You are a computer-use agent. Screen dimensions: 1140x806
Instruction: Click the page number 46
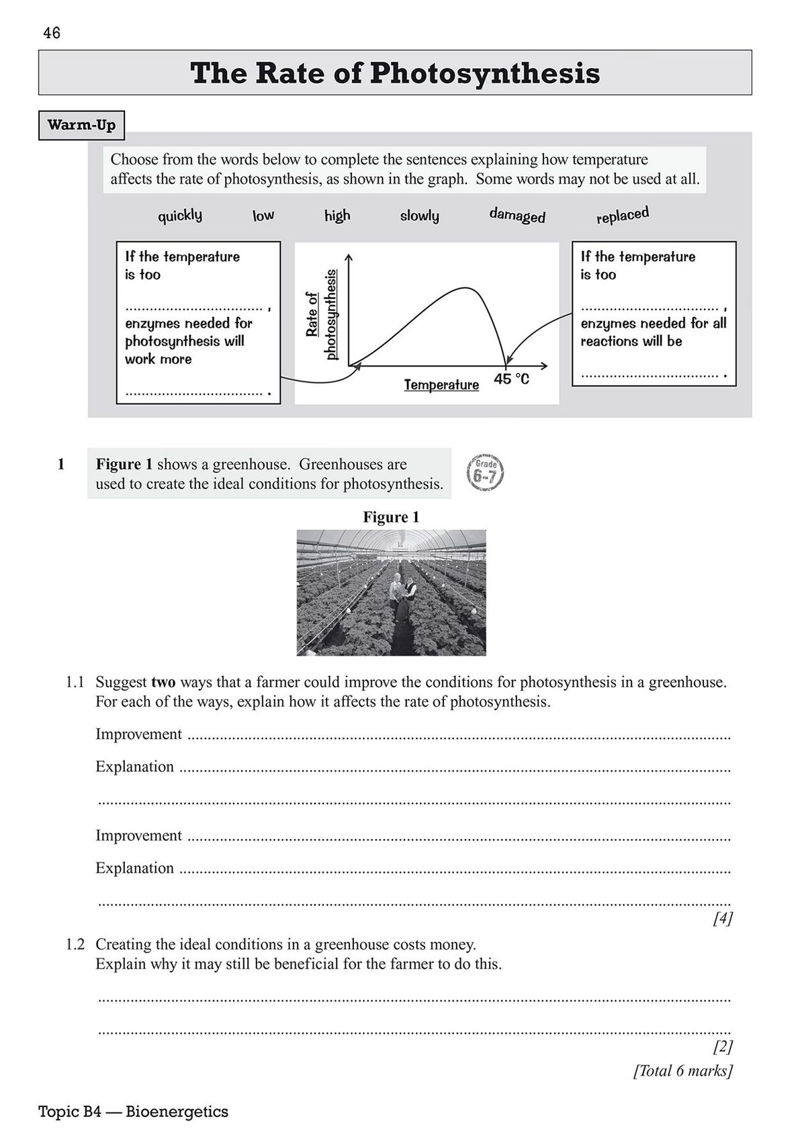[x=51, y=33]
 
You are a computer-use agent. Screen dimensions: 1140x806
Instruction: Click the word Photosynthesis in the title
[x=484, y=73]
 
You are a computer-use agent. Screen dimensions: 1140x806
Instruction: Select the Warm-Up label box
[x=81, y=126]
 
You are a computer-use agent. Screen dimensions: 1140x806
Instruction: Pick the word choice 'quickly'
[x=180, y=216]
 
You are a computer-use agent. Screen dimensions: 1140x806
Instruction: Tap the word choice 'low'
[x=263, y=216]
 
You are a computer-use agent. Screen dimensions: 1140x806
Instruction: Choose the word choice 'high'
[x=337, y=216]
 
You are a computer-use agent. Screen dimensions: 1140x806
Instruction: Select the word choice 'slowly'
[x=420, y=216]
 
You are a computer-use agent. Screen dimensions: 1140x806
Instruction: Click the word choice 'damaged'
[x=517, y=216]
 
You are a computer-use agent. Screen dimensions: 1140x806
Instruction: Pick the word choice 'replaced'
[x=623, y=216]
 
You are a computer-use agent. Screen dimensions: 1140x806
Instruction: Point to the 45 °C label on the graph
[x=512, y=380]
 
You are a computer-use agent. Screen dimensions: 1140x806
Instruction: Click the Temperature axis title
[x=441, y=385]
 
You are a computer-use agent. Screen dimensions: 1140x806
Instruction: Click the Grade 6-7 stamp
[x=484, y=473]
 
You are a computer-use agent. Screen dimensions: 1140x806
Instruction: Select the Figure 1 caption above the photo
[x=391, y=517]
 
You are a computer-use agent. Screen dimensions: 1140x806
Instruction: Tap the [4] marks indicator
[x=723, y=918]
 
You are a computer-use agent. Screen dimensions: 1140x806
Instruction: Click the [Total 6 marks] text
[x=682, y=1070]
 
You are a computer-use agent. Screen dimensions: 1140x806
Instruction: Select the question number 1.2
[x=75, y=945]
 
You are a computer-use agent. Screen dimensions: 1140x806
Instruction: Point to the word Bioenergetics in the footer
[x=177, y=1112]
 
